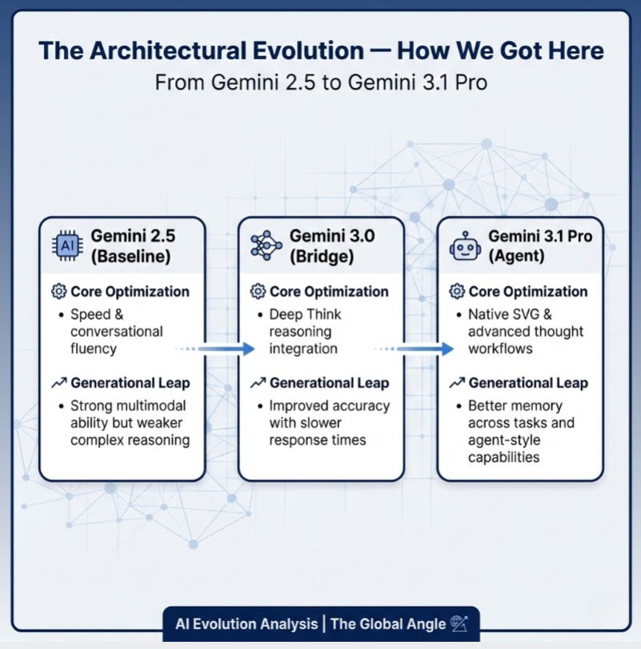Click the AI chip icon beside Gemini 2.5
coord(67,246)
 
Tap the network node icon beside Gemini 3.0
coord(266,246)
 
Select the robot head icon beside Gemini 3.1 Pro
coord(465,246)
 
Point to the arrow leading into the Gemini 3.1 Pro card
coord(414,349)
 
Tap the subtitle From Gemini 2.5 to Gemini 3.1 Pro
coord(321,82)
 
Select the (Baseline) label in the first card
coord(130,256)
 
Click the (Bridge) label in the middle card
coord(322,256)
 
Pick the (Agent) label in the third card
coord(516,256)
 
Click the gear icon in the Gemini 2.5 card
coord(58,291)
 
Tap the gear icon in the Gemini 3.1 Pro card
coord(457,291)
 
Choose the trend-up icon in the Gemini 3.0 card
coord(258,383)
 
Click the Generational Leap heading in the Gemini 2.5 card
coord(130,383)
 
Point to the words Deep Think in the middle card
coord(306,314)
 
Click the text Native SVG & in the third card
coord(510,314)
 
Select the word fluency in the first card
coord(94,349)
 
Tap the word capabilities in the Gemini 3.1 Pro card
coord(503,458)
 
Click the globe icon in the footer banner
coord(459,623)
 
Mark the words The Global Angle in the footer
coord(388,623)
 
